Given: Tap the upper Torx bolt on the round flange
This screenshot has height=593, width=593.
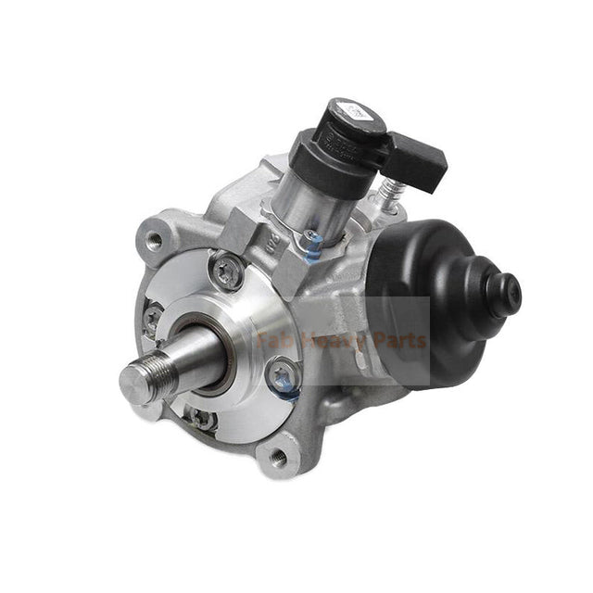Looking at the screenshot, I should coord(228,271).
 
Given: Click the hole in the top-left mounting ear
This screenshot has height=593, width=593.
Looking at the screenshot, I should coord(152,240).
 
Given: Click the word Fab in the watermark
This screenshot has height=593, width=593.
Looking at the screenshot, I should coord(274,340).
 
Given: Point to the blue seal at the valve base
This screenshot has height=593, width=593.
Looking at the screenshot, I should coord(314,244).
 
